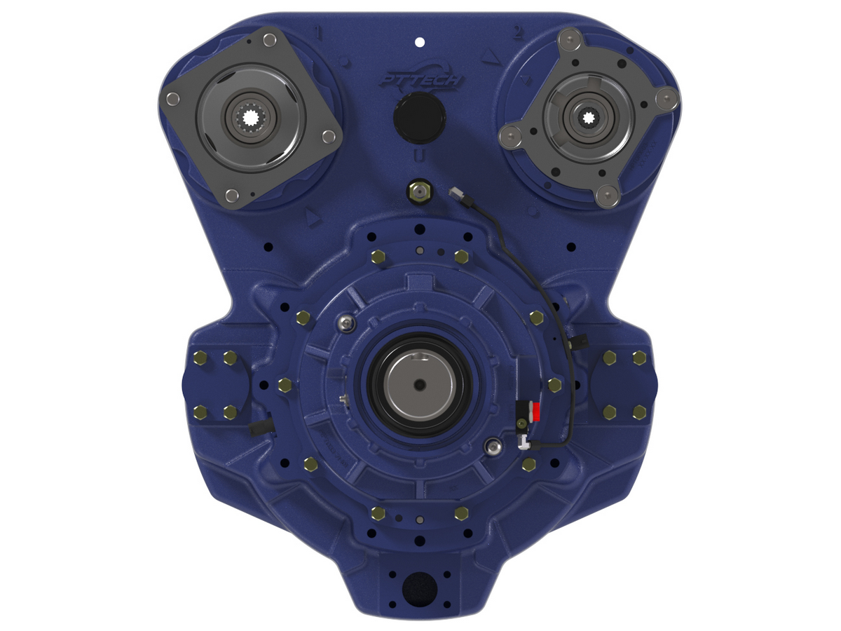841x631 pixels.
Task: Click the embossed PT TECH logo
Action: [420, 80]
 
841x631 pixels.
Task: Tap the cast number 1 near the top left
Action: [320, 34]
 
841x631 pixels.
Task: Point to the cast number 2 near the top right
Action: [518, 32]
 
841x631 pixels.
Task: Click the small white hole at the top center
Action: [419, 42]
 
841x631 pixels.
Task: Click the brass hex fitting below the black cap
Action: [420, 191]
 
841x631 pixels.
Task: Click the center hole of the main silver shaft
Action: [418, 384]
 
